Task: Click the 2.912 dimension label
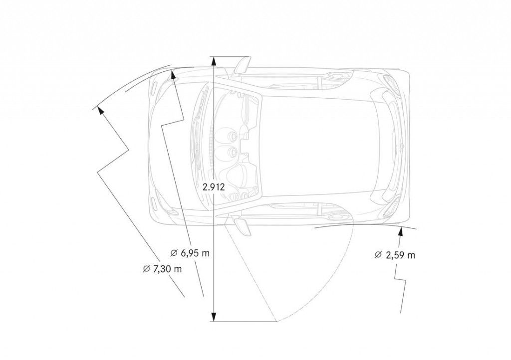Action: pos(214,187)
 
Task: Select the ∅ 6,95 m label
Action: pos(190,253)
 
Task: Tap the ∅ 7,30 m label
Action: pos(162,269)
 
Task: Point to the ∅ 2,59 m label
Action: pos(395,255)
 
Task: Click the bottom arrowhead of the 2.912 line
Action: pos(213,317)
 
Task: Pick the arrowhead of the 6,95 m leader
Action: pos(174,75)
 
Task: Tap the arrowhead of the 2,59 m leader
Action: pos(401,232)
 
